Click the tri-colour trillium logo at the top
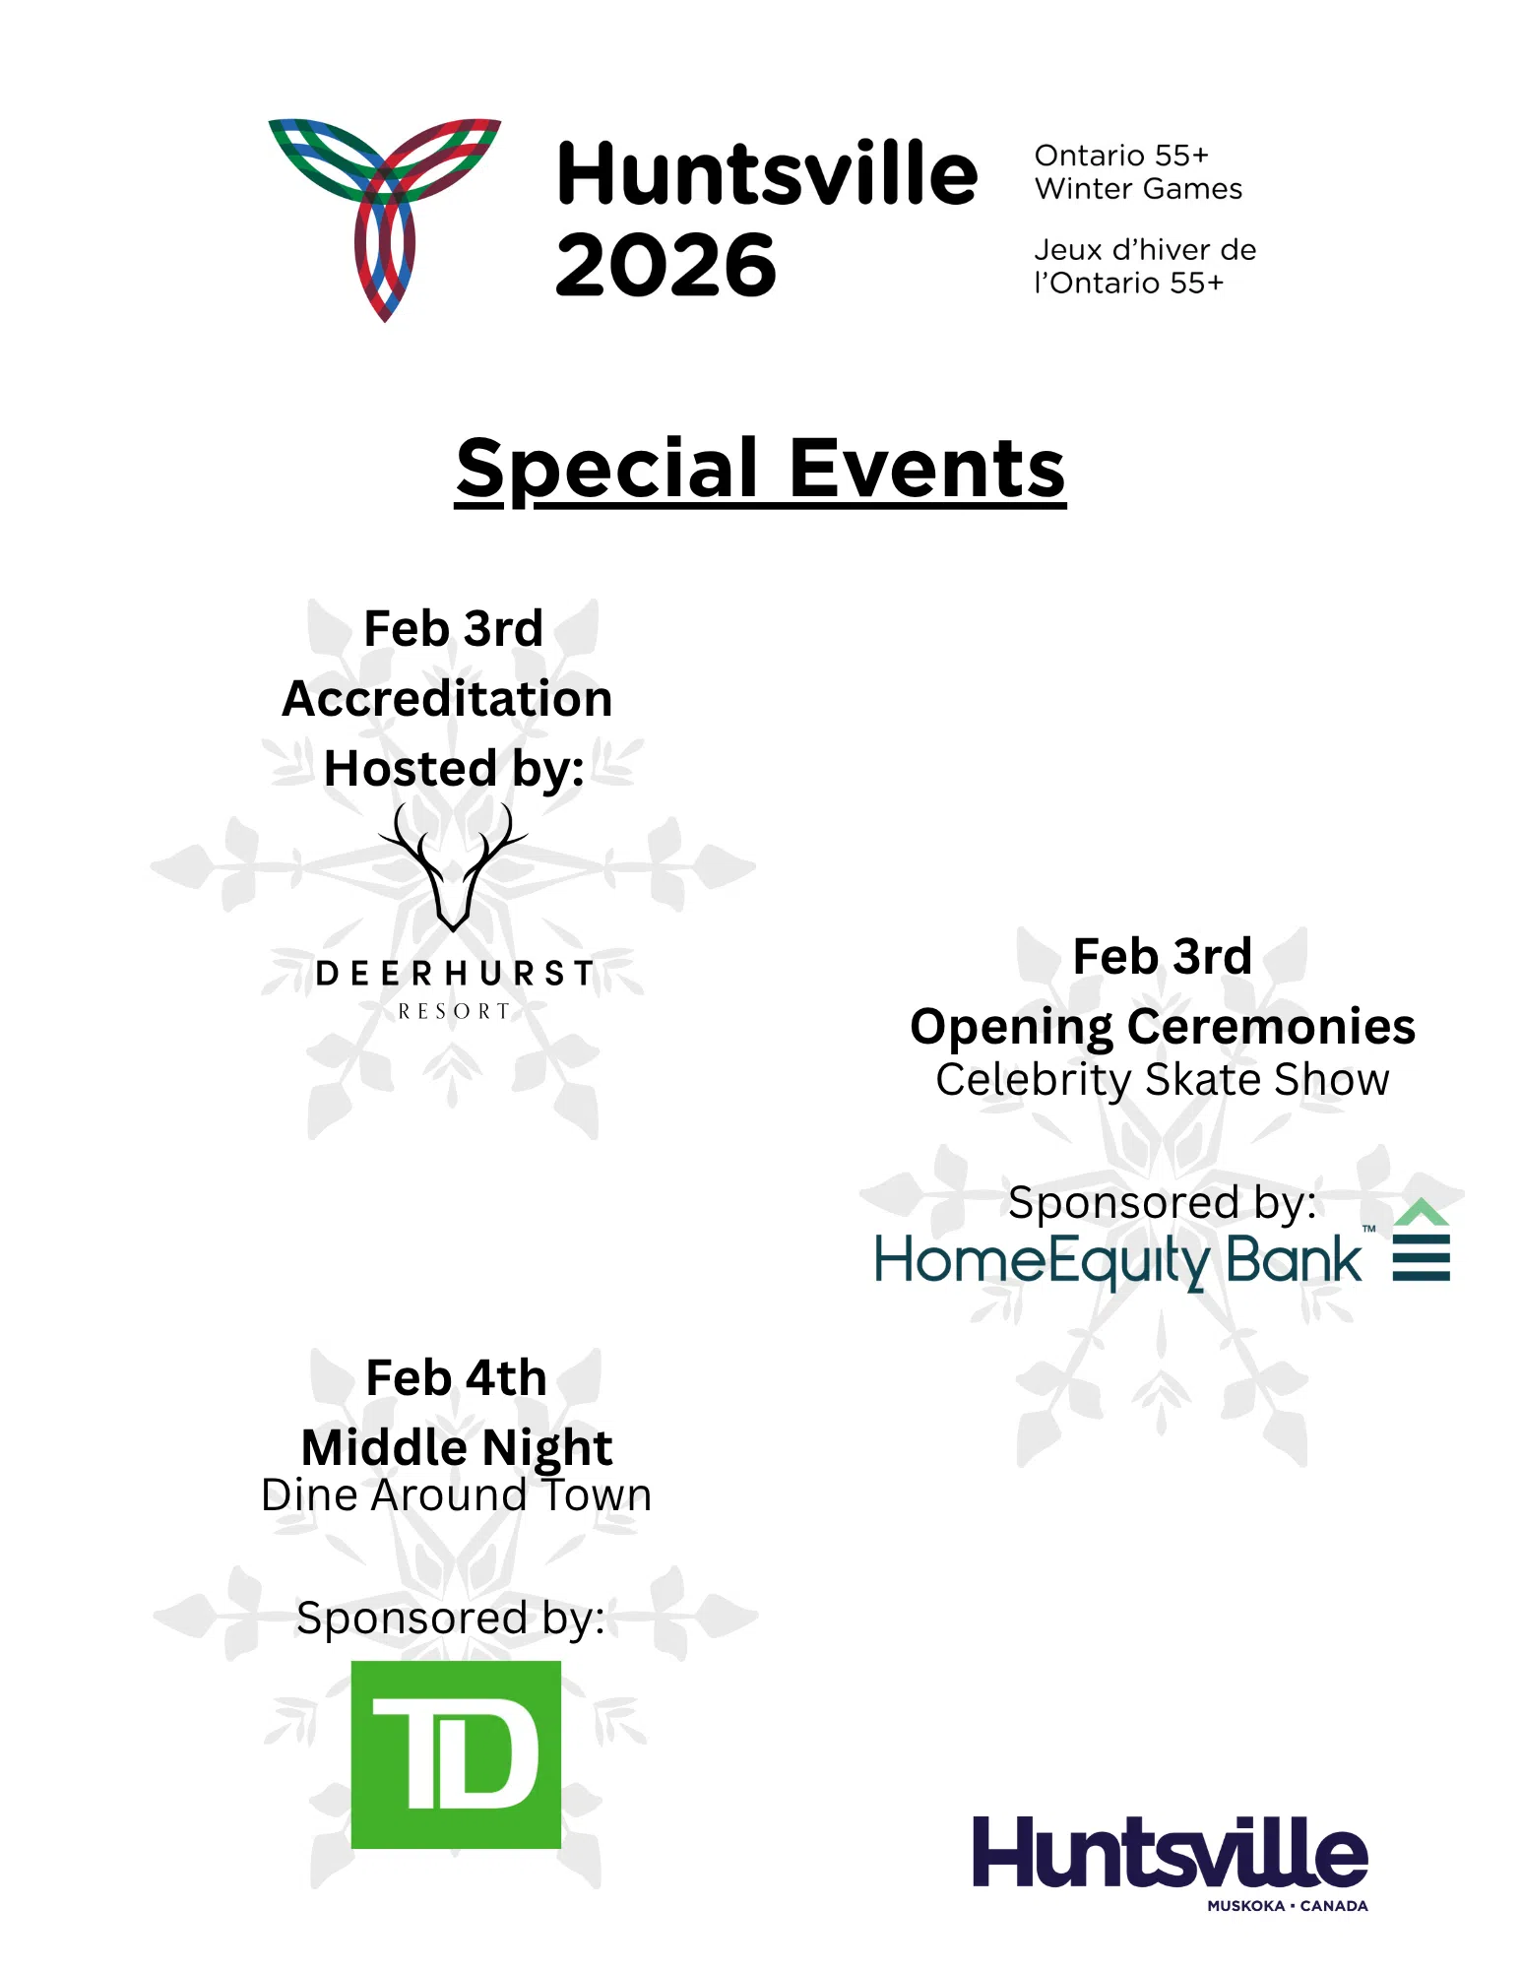tap(385, 217)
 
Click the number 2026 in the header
tap(665, 266)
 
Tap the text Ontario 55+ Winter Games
tap(1138, 172)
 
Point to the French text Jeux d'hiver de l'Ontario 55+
tap(1144, 267)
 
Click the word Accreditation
tap(448, 699)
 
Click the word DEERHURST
tap(455, 974)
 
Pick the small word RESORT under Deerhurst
tap(454, 1011)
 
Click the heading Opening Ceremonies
tap(1163, 1027)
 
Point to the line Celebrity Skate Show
tap(1163, 1080)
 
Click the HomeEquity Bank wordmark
tap(1118, 1261)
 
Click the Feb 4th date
tap(456, 1377)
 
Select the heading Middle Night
tap(457, 1447)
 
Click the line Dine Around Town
tap(457, 1495)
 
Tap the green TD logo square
tap(456, 1754)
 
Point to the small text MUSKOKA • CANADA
tap(1288, 1906)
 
